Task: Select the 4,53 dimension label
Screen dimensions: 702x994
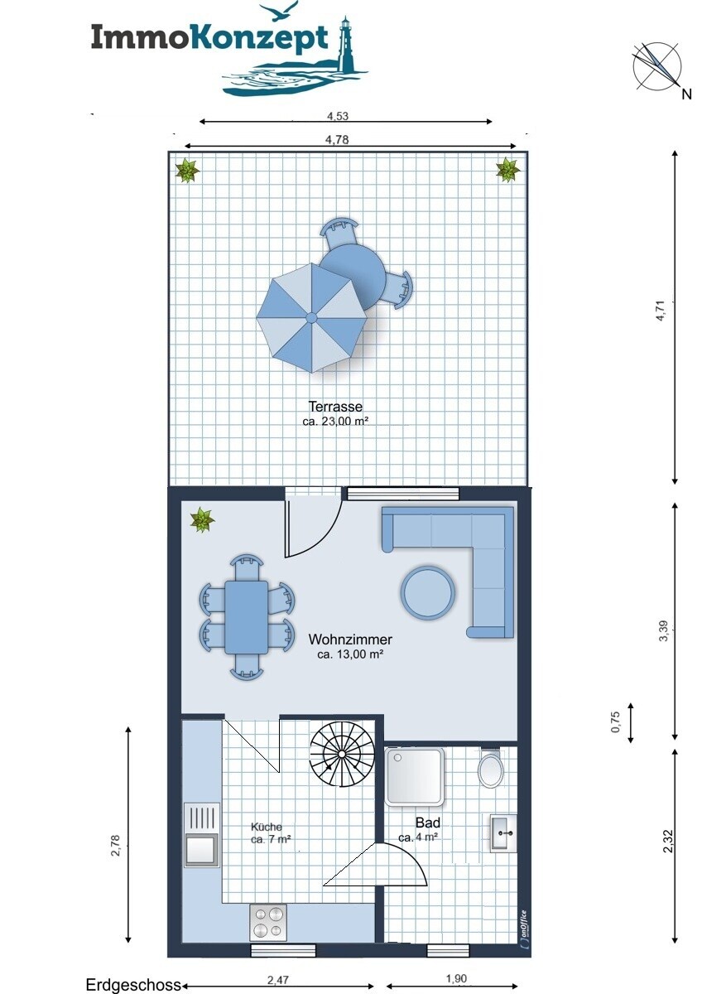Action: click(x=338, y=116)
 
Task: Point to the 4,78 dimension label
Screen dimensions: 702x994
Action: click(x=337, y=140)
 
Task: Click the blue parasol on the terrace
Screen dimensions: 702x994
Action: click(x=311, y=318)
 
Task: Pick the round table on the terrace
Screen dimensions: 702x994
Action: click(x=353, y=272)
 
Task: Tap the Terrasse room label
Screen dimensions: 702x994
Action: click(x=335, y=407)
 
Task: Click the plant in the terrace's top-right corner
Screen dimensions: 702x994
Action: click(x=507, y=170)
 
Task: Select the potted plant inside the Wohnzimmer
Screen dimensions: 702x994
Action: click(x=202, y=519)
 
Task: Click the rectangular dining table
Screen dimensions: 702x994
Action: click(x=246, y=617)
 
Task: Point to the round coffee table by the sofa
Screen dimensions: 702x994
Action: click(x=427, y=592)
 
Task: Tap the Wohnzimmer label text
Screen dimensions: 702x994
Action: click(x=350, y=639)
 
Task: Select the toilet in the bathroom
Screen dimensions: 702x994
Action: click(x=490, y=768)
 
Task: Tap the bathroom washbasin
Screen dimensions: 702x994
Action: click(x=503, y=833)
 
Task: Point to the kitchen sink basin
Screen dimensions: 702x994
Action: click(x=202, y=849)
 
